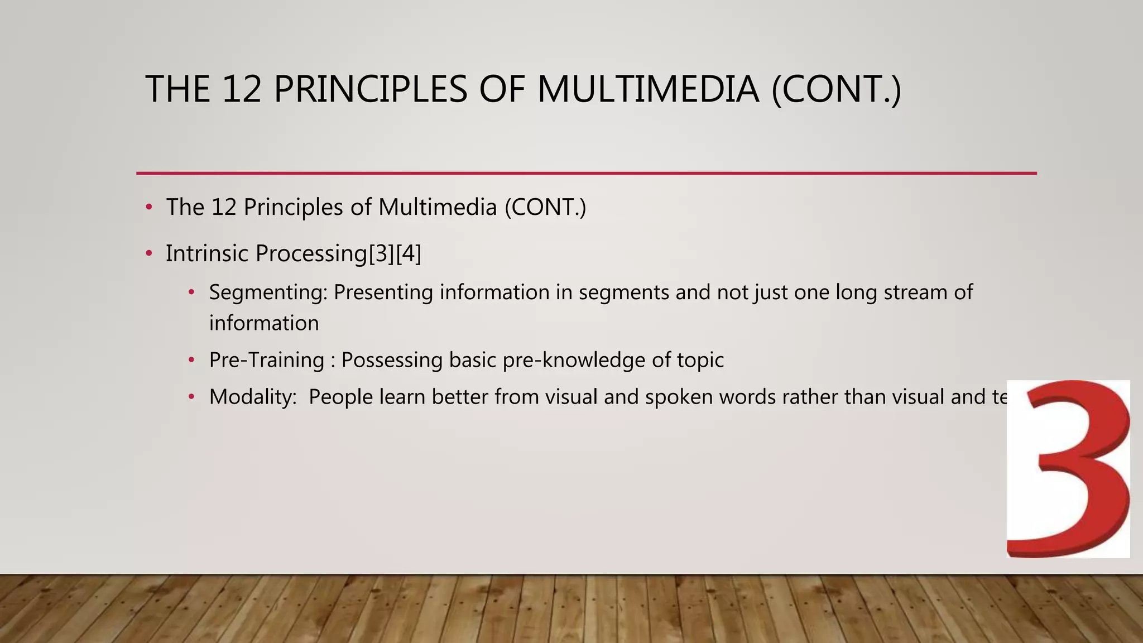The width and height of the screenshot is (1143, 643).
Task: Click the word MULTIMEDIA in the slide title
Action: click(647, 89)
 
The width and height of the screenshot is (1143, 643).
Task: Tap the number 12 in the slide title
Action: click(242, 89)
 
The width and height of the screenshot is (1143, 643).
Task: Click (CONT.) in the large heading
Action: click(836, 89)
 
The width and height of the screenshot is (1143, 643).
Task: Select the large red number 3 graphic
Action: click(1069, 469)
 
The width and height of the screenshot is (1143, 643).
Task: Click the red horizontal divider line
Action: click(586, 174)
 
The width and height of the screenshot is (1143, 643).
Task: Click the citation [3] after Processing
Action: click(381, 253)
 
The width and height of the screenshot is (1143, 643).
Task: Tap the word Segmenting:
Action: click(268, 292)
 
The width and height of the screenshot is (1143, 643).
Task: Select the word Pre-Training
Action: click(266, 360)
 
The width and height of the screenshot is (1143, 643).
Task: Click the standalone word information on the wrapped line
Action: click(264, 323)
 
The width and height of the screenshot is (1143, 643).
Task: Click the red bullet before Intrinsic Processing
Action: click(149, 254)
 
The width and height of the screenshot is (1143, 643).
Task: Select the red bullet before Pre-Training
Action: click(191, 361)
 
